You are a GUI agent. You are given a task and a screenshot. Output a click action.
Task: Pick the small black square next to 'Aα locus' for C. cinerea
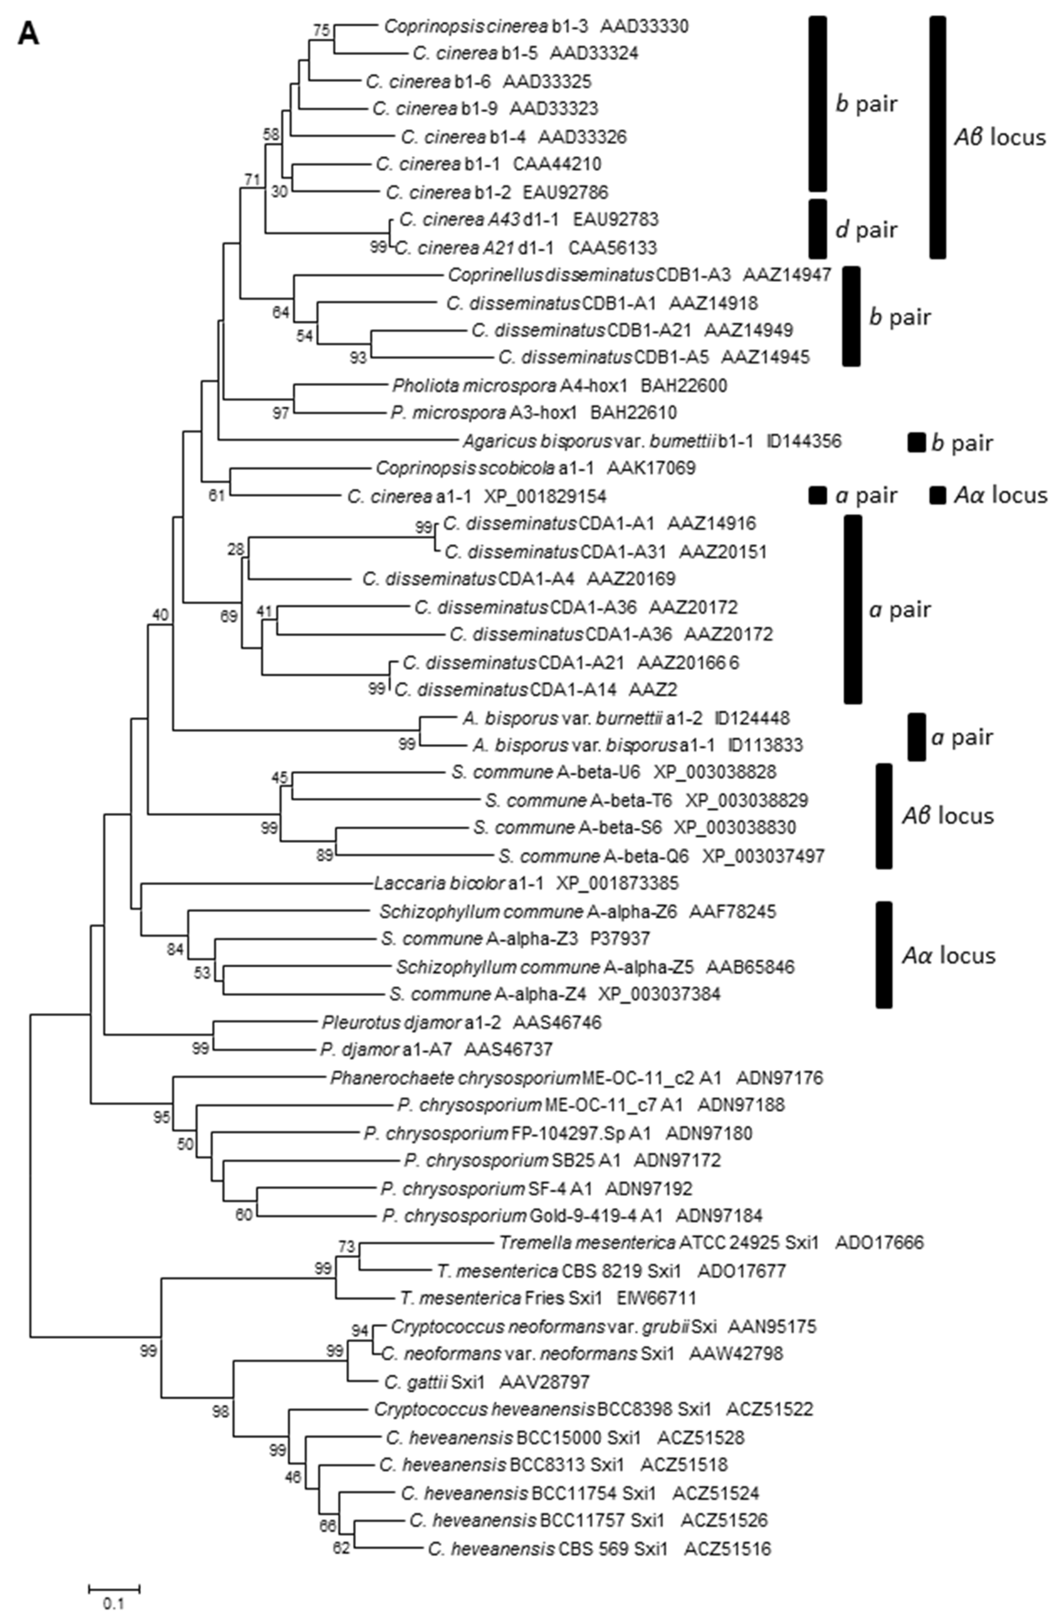tap(938, 495)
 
